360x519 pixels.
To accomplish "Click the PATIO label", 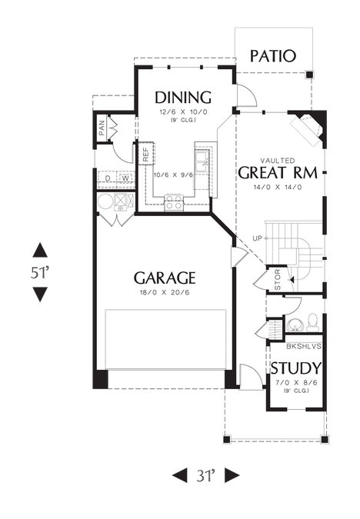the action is point(272,56).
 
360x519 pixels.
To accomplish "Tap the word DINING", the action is point(183,98).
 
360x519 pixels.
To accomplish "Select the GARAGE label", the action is point(165,278).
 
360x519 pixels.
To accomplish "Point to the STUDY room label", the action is point(296,368).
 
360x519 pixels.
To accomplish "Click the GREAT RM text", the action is point(278,173).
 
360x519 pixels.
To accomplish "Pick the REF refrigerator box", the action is point(146,153).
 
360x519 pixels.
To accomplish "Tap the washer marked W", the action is point(126,178).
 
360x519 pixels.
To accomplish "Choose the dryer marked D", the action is point(108,178).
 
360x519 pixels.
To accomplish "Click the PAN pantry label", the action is point(102,128).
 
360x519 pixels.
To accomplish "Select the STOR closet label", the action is point(278,280).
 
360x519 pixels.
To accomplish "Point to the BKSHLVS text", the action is point(304,347).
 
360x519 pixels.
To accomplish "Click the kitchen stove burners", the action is point(174,202).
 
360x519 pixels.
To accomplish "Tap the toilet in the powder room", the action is point(312,322).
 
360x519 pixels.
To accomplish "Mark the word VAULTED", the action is point(278,161).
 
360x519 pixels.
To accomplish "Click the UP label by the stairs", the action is point(257,238).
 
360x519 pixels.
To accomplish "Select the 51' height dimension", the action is point(40,273).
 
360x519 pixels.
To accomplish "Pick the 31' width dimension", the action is point(205,476).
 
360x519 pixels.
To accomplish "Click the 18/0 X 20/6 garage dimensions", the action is point(165,293).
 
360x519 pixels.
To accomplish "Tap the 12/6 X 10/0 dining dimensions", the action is point(183,112).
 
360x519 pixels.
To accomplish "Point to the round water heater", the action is point(105,202).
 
